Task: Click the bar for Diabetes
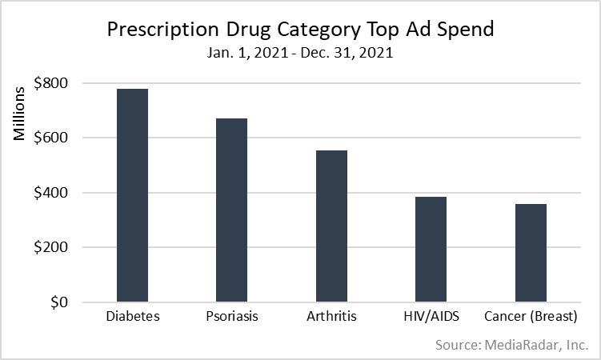point(133,196)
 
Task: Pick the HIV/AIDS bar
point(431,250)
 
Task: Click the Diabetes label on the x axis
point(133,316)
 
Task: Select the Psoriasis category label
point(231,316)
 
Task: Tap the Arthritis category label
point(331,316)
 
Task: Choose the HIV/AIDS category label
point(431,316)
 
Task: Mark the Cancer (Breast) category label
point(531,316)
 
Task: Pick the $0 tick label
point(58,302)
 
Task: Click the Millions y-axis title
point(21,112)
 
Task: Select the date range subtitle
point(301,54)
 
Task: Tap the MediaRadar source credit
point(512,345)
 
